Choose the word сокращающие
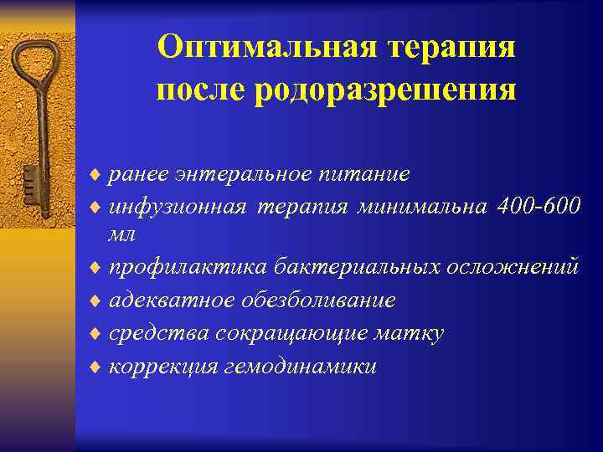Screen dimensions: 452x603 [x=291, y=333]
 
